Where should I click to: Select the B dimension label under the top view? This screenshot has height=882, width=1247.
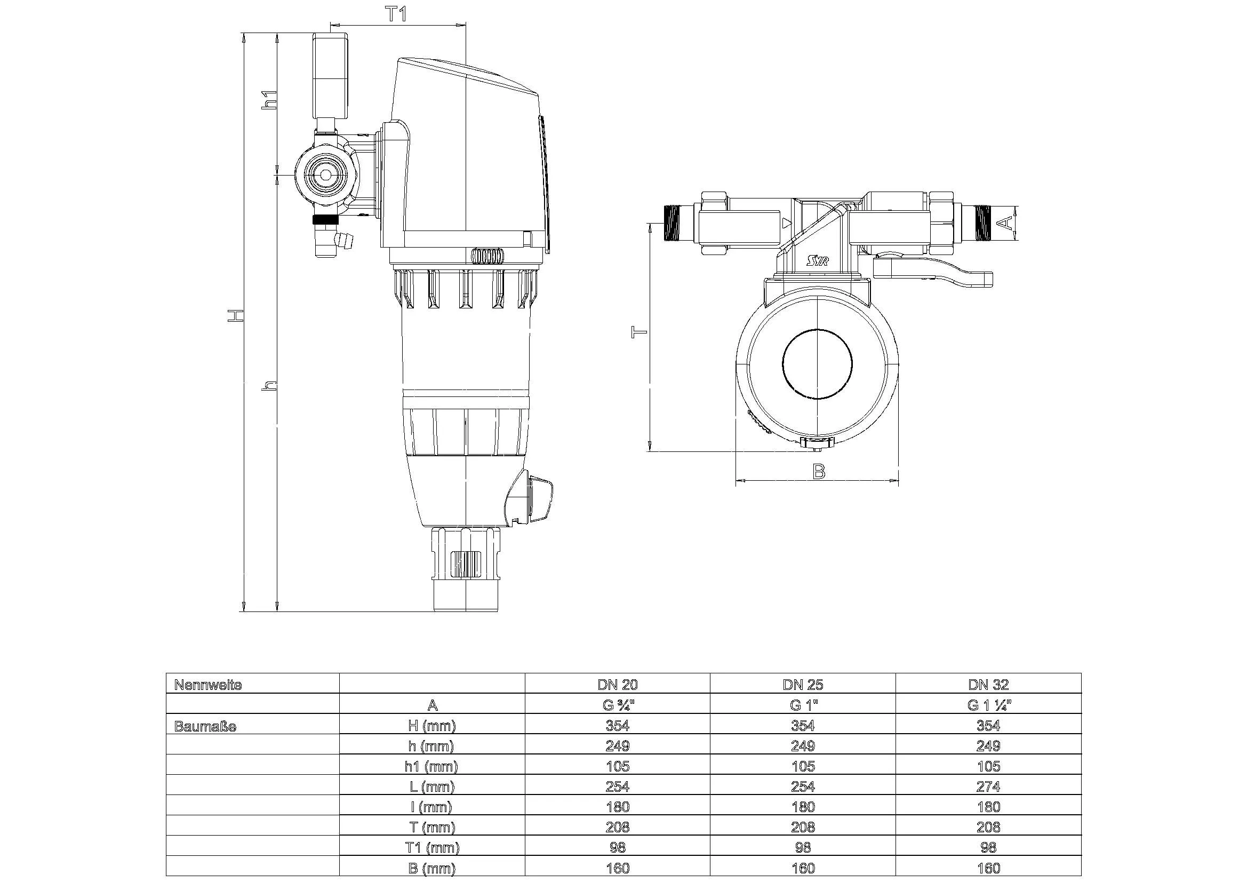pyautogui.click(x=819, y=472)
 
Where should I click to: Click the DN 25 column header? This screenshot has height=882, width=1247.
pyautogui.click(x=803, y=685)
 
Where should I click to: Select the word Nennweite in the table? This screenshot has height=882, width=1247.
pyautogui.click(x=208, y=685)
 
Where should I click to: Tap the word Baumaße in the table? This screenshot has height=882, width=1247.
pyautogui.click(x=205, y=726)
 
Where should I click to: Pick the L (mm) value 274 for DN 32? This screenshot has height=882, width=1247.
pyautogui.click(x=988, y=786)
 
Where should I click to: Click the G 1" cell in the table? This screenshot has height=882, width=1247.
pyautogui.click(x=803, y=705)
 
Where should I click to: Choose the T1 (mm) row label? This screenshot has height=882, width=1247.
pyautogui.click(x=432, y=847)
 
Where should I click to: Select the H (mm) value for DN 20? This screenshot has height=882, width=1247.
pyautogui.click(x=618, y=726)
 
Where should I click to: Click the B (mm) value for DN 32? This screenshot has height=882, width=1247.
pyautogui.click(x=988, y=868)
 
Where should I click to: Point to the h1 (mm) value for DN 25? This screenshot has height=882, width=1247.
pyautogui.click(x=803, y=766)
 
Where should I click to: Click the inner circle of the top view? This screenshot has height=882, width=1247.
pyautogui.click(x=818, y=363)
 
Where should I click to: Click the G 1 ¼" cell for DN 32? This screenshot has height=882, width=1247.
pyautogui.click(x=988, y=705)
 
